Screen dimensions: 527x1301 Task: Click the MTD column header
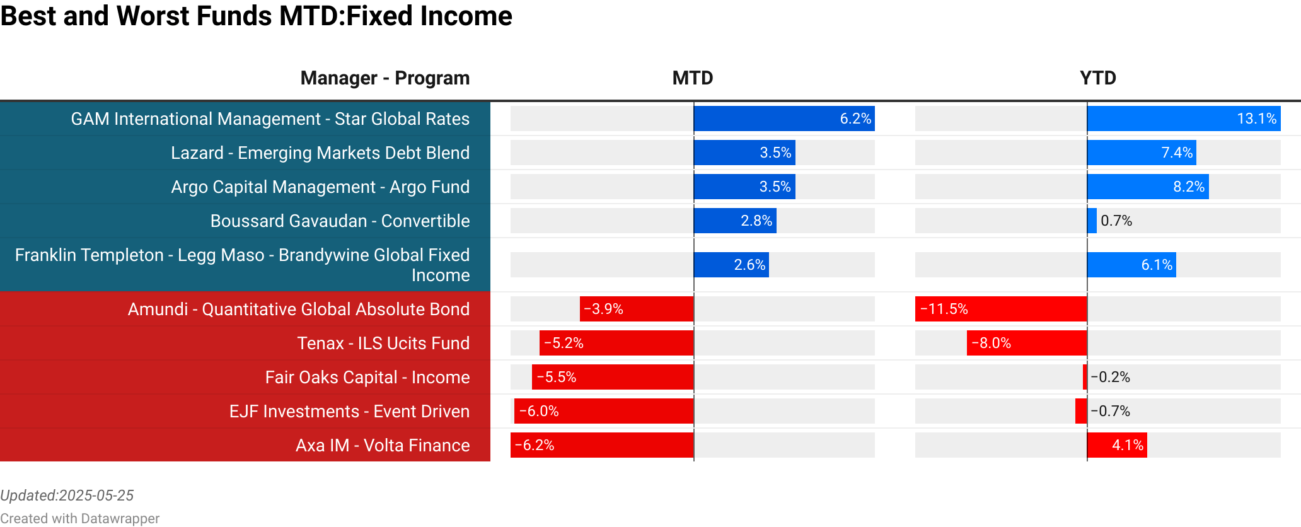pyautogui.click(x=692, y=78)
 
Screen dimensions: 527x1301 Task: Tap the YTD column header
pyautogui.click(x=1097, y=78)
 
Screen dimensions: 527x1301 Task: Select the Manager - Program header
pyautogui.click(x=385, y=78)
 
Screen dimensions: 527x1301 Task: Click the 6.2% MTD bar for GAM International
pyautogui.click(x=783, y=119)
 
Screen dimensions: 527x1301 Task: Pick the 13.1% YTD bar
pyautogui.click(x=1183, y=119)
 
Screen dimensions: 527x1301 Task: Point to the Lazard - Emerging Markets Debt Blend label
pyautogui.click(x=320, y=153)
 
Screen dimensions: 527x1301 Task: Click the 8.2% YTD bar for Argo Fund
pyautogui.click(x=1147, y=187)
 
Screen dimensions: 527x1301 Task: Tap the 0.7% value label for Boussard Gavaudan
pyautogui.click(x=1116, y=221)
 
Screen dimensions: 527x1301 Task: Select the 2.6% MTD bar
pyautogui.click(x=731, y=265)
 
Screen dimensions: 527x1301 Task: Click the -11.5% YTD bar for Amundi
pyautogui.click(x=1001, y=309)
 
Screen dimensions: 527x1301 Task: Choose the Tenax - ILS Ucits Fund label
pyautogui.click(x=383, y=343)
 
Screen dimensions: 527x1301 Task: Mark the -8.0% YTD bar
pyautogui.click(x=1027, y=343)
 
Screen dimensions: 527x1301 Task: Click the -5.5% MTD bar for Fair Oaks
pyautogui.click(x=613, y=377)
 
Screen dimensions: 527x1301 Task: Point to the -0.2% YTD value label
pyautogui.click(x=1110, y=377)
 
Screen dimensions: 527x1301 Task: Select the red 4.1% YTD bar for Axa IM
pyautogui.click(x=1117, y=445)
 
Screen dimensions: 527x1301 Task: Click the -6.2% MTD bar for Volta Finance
pyautogui.click(x=602, y=445)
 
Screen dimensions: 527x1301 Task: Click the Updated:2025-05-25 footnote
pyautogui.click(x=67, y=495)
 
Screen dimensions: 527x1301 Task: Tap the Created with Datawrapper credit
pyautogui.click(x=79, y=518)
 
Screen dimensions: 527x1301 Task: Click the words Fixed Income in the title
pyautogui.click(x=429, y=15)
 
